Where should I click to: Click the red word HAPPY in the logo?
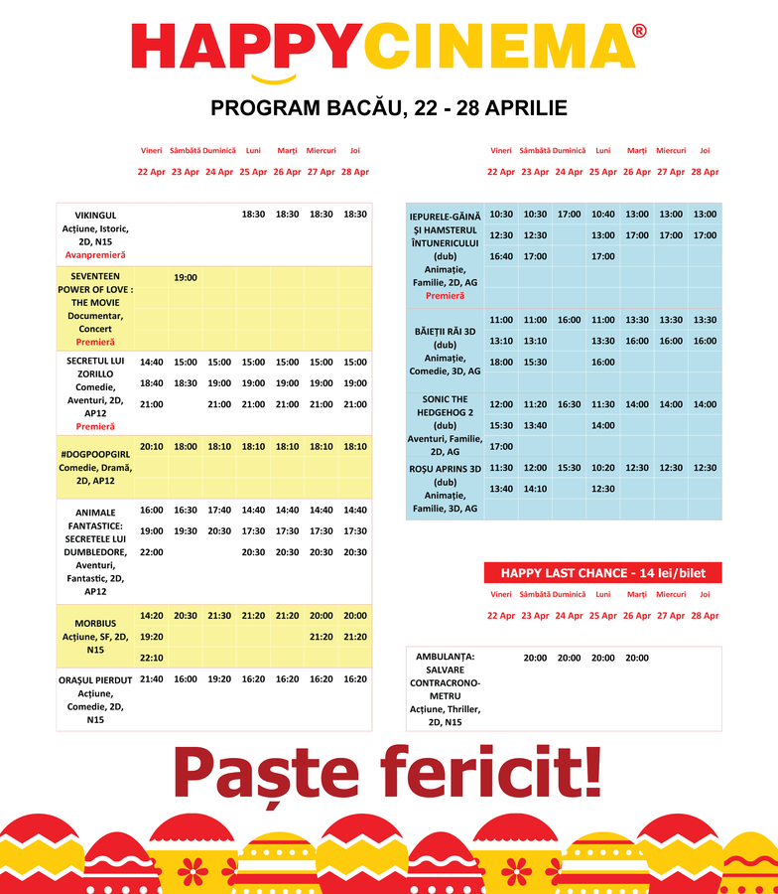coord(247,47)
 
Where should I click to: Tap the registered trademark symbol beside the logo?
coord(639,31)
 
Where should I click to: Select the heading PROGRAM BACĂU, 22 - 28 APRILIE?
coord(389,107)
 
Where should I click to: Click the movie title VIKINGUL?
coord(96,215)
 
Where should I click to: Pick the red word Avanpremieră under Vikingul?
coord(96,255)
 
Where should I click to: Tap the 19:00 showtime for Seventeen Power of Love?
coord(186,278)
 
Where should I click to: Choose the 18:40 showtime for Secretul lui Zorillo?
coord(152,383)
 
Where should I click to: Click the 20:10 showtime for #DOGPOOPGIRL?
coord(152,447)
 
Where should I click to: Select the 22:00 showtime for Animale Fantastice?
coord(152,552)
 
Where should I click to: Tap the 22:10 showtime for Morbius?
coord(152,658)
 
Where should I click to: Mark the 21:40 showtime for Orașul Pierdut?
coord(152,679)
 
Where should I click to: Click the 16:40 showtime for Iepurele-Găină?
coord(501,256)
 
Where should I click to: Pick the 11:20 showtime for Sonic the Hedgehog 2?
coord(535,404)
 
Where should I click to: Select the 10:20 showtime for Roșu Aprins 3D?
coord(602,468)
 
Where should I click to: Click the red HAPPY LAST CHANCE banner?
coord(602,573)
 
